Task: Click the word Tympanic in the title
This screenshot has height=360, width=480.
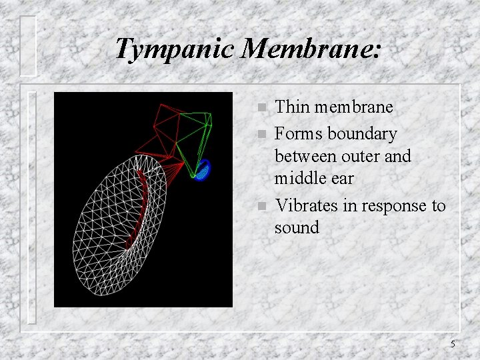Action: point(175,49)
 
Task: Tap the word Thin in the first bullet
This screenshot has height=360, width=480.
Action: point(291,107)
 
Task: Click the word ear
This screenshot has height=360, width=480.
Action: point(343,179)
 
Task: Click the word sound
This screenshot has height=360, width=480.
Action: point(297,228)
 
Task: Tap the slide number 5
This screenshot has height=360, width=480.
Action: point(453,345)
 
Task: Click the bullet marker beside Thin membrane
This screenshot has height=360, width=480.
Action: point(261,108)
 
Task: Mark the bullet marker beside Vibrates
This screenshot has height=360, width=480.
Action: point(261,207)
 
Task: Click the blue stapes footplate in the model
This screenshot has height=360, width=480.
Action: point(203,170)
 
